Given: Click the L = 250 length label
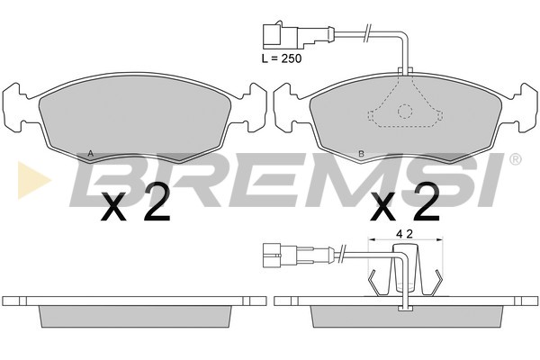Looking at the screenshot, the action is click(282, 58).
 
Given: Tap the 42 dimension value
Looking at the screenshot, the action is click(404, 234).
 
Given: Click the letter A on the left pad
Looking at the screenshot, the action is click(91, 154).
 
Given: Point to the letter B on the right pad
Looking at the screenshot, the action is click(361, 154).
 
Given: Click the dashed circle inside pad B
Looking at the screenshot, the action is click(405, 112).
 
